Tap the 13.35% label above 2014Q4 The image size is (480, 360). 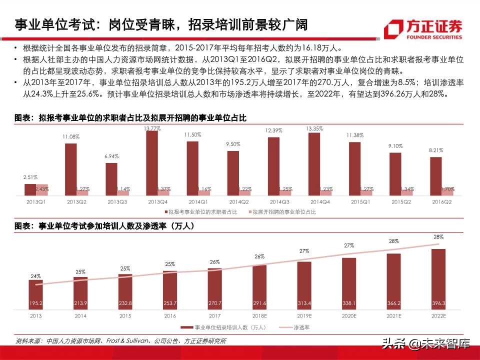click(314, 128)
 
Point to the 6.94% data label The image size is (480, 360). click(111, 156)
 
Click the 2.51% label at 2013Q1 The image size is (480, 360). click(30, 177)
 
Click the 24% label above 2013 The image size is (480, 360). click(35, 275)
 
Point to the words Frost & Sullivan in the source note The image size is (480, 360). click(126, 341)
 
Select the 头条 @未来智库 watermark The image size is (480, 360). click(425, 344)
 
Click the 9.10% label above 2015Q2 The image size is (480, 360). click(395, 146)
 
